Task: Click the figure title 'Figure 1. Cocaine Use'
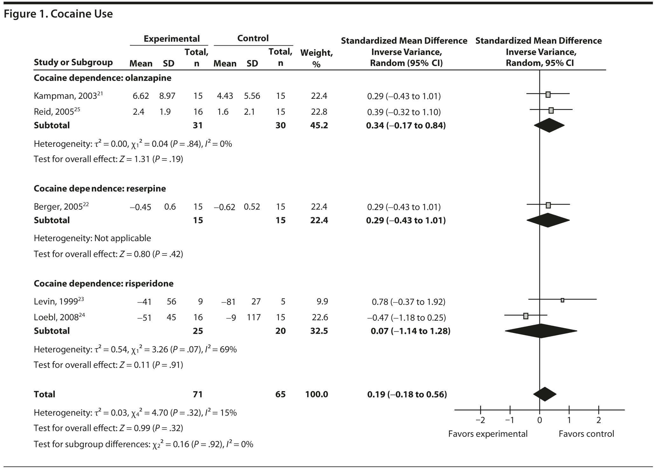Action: [x=58, y=14]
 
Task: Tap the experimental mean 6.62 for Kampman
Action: [x=141, y=96]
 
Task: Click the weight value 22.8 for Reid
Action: [x=319, y=112]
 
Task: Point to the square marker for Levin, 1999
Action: [x=562, y=300]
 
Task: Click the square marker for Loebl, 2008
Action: [x=526, y=316]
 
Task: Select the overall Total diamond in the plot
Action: [x=545, y=394]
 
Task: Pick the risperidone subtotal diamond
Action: [x=541, y=331]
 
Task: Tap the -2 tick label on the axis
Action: [x=480, y=420]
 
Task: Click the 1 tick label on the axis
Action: [x=569, y=420]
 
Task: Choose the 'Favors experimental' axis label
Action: [x=487, y=434]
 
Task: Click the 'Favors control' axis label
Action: [x=586, y=434]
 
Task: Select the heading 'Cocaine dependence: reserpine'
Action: [x=100, y=188]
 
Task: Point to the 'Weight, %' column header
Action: [x=316, y=58]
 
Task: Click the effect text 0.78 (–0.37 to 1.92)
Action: [x=408, y=302]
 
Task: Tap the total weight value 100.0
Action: [x=316, y=394]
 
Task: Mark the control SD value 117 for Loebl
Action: [x=253, y=317]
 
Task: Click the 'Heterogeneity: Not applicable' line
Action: [x=92, y=238]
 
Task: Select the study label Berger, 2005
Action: [x=61, y=207]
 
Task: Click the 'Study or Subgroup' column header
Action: [x=73, y=62]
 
